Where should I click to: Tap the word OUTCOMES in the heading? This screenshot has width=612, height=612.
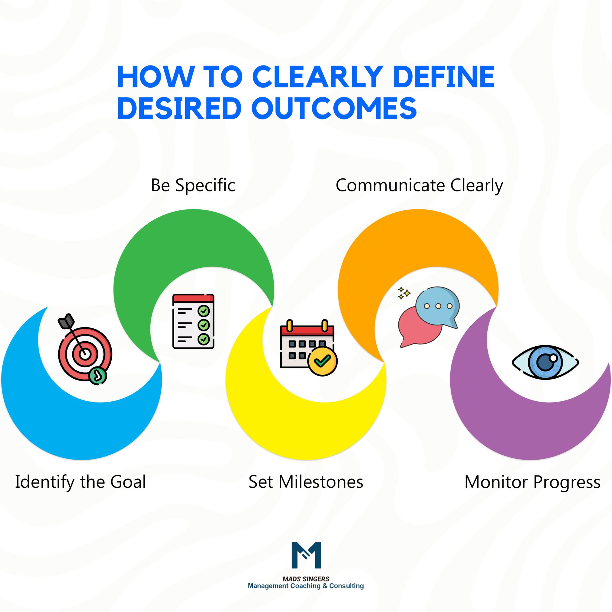click(x=334, y=108)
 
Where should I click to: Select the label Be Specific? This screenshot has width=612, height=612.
click(x=193, y=185)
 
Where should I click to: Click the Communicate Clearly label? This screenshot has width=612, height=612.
click(x=419, y=186)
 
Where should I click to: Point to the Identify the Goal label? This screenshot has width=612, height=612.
click(x=80, y=482)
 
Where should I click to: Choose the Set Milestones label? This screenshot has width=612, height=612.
click(x=306, y=482)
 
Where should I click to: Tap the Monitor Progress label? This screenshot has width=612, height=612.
click(x=532, y=482)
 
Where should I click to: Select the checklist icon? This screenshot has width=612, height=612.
click(x=193, y=321)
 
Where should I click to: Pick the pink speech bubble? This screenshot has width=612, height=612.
click(x=418, y=328)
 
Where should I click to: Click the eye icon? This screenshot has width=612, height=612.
click(x=545, y=362)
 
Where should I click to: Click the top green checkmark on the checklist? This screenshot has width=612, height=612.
click(x=204, y=311)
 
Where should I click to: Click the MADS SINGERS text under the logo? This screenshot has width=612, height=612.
click(x=306, y=579)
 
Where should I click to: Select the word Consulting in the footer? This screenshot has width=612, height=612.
click(x=346, y=586)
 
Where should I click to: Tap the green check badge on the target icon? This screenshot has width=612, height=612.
click(x=98, y=376)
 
